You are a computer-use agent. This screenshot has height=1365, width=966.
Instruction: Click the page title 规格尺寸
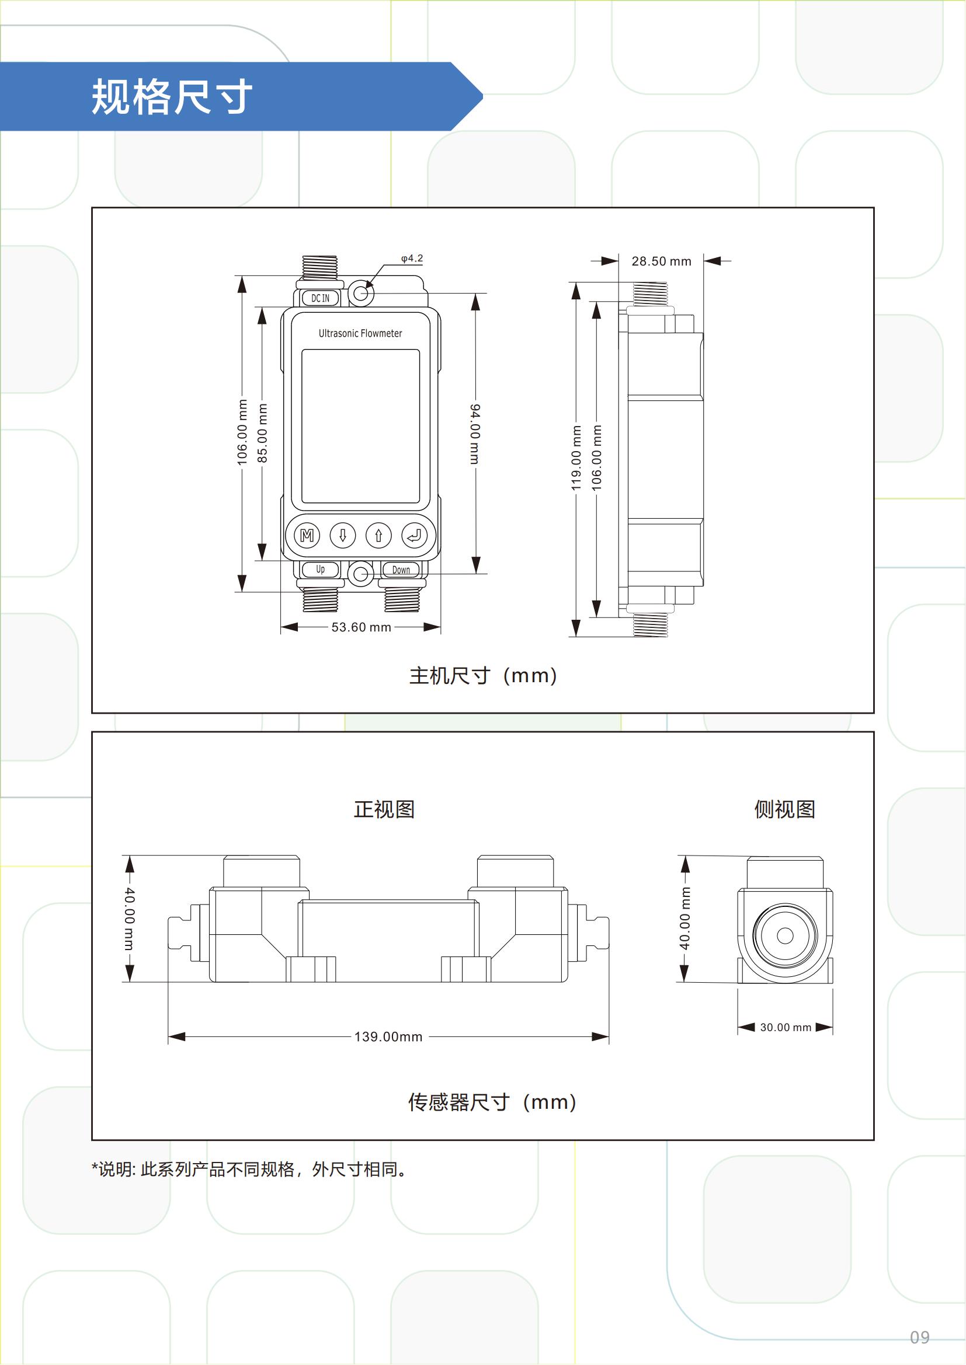pos(172,96)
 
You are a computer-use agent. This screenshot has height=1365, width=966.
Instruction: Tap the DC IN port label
pos(320,298)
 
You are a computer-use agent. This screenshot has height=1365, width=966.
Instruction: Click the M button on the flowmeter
pos(307,536)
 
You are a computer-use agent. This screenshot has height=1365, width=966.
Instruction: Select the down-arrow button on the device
pos(343,536)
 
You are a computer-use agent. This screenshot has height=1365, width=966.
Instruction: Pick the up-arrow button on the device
pos(378,536)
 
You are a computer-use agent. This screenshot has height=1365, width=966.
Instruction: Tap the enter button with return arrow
pos(414,536)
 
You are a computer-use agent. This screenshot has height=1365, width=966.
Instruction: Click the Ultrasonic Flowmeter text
pos(360,334)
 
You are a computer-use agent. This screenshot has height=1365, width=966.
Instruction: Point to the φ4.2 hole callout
pos(412,259)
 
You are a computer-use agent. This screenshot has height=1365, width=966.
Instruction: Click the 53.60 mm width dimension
pos(361,627)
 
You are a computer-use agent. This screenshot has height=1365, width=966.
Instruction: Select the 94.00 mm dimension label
pos(475,434)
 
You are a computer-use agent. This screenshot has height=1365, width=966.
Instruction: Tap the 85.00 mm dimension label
pos(262,433)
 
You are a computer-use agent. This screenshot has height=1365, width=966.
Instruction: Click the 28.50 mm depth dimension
pos(662,261)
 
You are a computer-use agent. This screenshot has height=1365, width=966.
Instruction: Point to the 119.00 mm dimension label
pos(576,458)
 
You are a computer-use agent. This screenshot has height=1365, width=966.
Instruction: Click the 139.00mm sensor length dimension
pos(388,1037)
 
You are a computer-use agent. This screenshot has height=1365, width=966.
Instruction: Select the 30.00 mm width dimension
pos(786,1027)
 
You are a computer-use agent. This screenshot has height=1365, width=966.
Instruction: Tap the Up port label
pos(321,570)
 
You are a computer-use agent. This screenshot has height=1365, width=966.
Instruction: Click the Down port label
pos(401,570)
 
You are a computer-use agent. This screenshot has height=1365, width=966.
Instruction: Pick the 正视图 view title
pos(384,809)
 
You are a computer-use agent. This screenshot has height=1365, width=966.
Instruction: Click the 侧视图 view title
pos(784,809)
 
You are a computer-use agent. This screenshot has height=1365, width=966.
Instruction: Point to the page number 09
pos(920,1337)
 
